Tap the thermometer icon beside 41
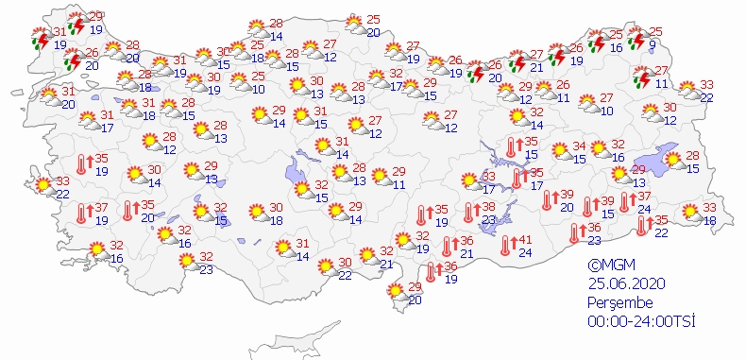point(506,246)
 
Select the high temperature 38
point(487,206)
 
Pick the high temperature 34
point(580,147)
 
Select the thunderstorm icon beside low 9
point(637,39)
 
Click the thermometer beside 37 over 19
point(80,214)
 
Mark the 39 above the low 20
point(567,194)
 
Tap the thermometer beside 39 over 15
point(587,207)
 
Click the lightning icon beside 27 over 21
point(516,62)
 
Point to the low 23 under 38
point(487,219)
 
